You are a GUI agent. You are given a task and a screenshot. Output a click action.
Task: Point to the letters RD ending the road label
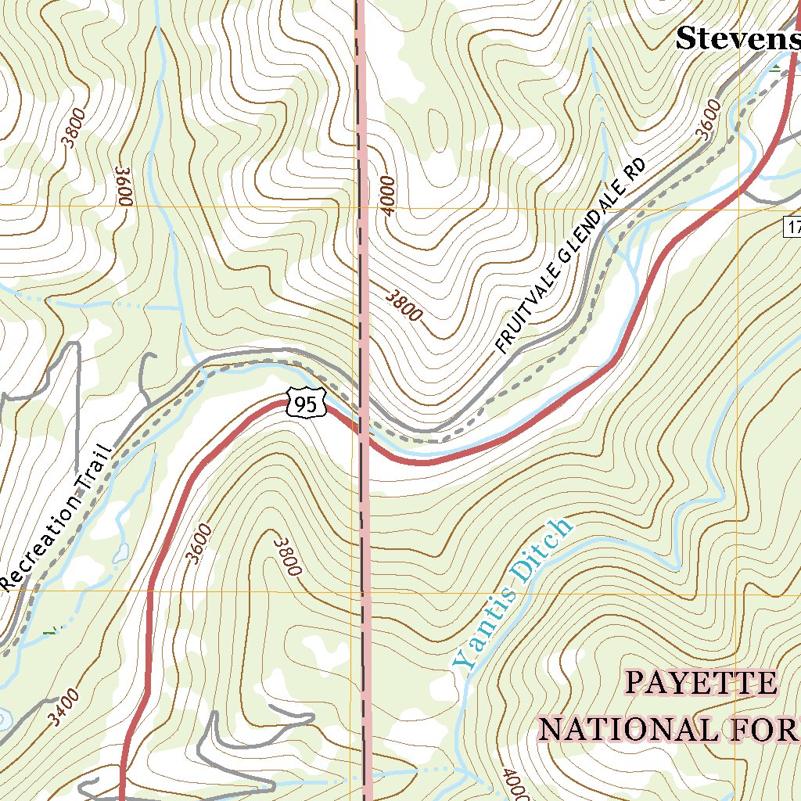(634, 171)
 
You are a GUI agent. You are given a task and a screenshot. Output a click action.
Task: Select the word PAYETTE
(701, 684)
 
